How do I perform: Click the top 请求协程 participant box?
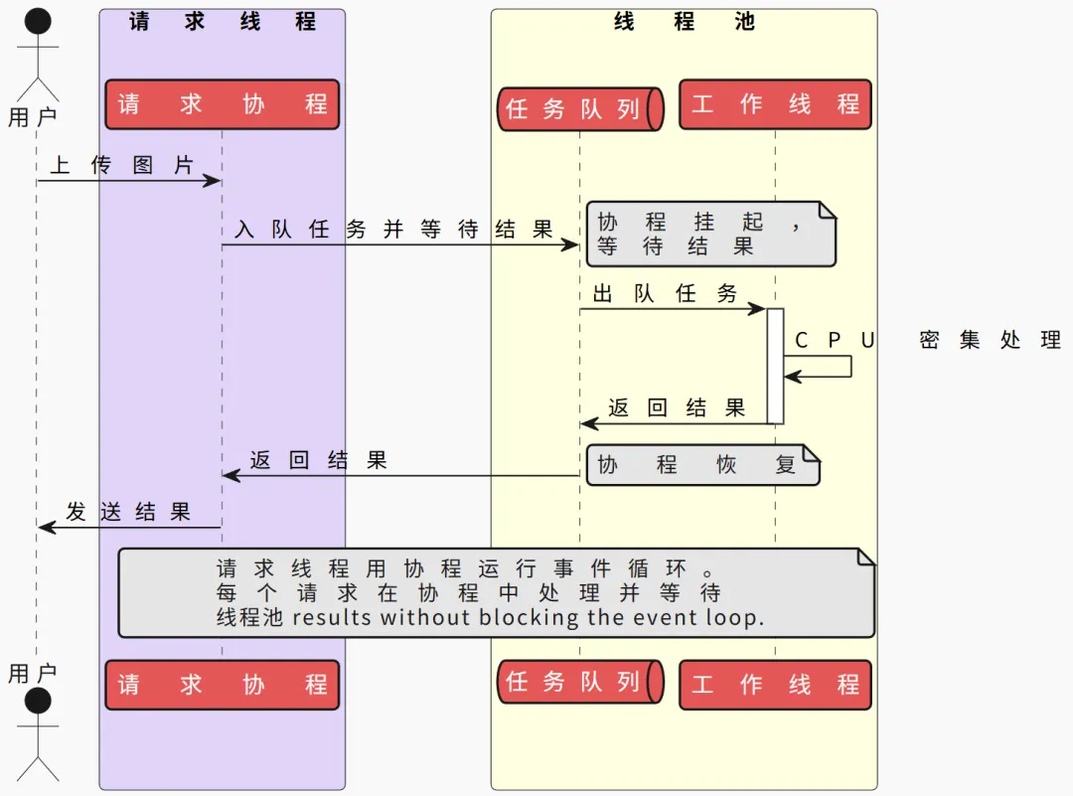(223, 104)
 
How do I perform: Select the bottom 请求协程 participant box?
(223, 685)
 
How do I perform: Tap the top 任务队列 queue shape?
(580, 109)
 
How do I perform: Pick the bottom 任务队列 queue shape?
(580, 682)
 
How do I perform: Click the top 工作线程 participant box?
(775, 104)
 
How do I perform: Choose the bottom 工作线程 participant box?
(775, 685)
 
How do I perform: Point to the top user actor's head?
(38, 21)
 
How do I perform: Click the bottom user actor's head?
(38, 701)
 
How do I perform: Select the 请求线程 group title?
(223, 21)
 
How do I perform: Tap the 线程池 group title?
(685, 21)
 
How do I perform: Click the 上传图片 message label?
(122, 165)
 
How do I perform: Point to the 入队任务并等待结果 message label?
(393, 229)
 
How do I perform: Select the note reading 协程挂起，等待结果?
(711, 235)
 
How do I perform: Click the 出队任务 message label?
(665, 293)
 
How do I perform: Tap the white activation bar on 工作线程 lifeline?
(775, 366)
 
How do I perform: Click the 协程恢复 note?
(702, 465)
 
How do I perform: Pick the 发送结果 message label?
(128, 511)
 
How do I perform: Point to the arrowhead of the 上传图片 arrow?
(220, 181)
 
